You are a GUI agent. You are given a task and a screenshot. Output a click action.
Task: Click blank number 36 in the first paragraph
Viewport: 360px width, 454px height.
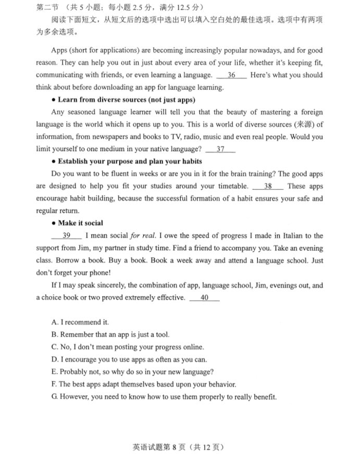(232, 75)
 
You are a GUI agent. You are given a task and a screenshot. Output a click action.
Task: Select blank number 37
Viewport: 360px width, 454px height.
(220, 150)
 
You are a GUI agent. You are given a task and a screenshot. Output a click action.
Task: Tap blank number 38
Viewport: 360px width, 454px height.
(268, 186)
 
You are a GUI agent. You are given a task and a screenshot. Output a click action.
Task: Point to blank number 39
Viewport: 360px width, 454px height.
(66, 236)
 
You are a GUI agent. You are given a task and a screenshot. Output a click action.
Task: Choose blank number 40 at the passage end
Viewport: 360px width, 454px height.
(204, 298)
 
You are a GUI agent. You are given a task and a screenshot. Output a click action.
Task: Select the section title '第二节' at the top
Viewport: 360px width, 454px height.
(46, 7)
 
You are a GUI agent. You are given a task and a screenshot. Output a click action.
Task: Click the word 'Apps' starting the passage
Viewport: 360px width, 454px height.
(60, 51)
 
